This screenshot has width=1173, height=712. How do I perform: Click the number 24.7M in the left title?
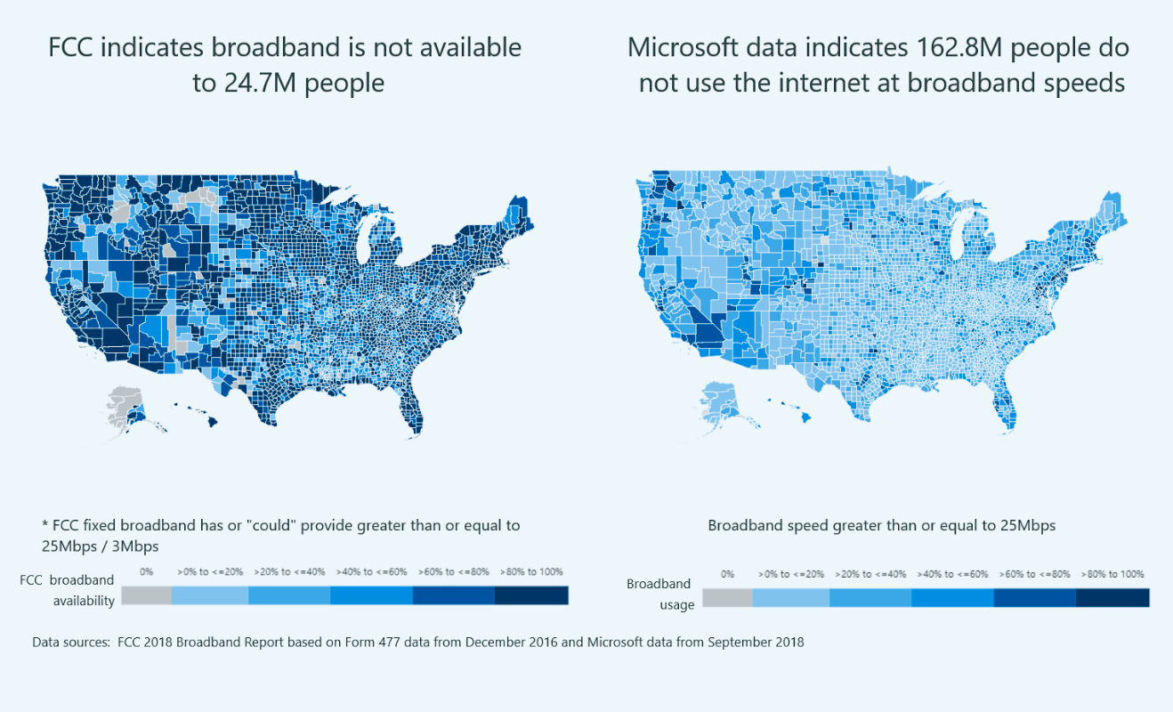[x=260, y=84]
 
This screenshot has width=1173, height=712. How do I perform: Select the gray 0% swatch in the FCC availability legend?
[x=146, y=595]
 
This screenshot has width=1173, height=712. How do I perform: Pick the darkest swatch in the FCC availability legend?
[x=531, y=595]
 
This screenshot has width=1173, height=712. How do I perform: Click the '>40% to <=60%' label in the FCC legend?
[x=371, y=571]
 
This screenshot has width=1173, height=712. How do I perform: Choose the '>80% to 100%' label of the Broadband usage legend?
[x=1112, y=574]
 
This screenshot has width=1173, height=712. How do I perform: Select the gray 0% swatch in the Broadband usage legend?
[x=727, y=598]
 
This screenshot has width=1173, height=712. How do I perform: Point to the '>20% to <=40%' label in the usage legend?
[x=870, y=574]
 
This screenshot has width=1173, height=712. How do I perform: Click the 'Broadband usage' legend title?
[x=660, y=595]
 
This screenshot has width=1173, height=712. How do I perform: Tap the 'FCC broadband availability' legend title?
[x=67, y=591]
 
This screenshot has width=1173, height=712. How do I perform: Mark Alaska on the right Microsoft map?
[x=723, y=406]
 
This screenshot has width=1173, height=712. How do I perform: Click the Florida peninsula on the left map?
[x=411, y=411]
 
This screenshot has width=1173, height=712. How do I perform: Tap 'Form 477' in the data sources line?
[x=372, y=643]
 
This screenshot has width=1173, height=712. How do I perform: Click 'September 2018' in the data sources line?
[x=756, y=643]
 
